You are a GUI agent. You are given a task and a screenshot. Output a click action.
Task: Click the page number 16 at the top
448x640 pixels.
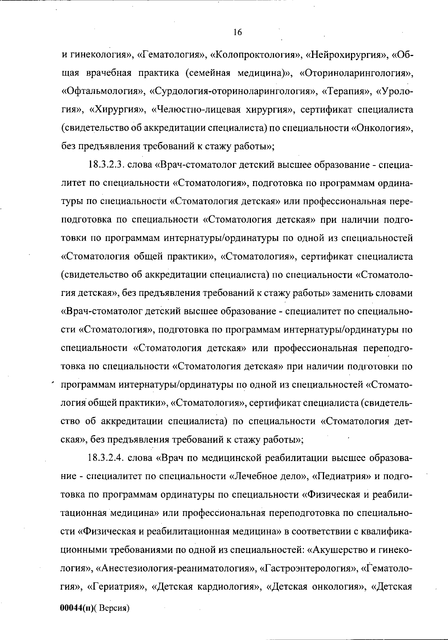tap(237, 33)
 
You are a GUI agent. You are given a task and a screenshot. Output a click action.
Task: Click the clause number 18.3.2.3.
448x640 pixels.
tap(106, 165)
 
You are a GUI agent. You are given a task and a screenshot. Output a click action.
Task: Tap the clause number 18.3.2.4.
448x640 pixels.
tap(106, 458)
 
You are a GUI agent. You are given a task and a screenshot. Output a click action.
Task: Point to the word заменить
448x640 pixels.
tap(351, 293)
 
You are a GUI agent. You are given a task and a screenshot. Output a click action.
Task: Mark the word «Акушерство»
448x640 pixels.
tap(337, 550)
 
